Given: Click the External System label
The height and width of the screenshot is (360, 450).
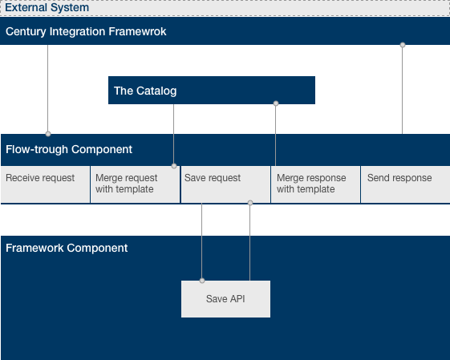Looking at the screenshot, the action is click(47, 8).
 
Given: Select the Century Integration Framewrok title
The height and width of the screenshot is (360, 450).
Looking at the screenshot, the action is click(86, 31).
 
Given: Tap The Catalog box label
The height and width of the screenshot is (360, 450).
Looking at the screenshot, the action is click(145, 91).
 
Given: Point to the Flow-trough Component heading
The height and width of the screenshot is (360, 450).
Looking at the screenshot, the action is click(69, 149).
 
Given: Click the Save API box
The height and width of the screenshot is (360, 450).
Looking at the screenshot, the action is click(225, 299).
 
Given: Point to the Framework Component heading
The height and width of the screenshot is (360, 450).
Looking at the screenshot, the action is click(67, 248).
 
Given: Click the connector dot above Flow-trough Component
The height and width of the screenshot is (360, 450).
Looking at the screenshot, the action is click(48, 134).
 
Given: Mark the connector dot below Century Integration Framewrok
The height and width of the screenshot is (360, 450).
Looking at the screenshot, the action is click(403, 45).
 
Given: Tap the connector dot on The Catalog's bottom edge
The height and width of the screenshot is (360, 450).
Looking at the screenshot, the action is click(276, 103).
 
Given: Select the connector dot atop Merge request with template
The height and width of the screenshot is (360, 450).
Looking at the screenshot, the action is click(174, 166).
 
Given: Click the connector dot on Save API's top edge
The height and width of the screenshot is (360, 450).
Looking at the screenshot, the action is click(202, 281).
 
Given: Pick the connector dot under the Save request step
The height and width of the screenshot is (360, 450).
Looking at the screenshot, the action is click(250, 203).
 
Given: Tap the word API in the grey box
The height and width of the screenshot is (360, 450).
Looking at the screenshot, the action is click(237, 299).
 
